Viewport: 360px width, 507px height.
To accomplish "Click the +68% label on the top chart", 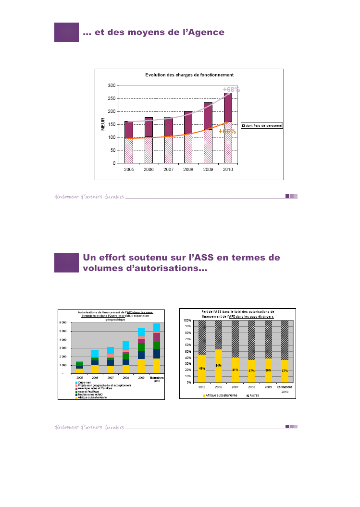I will [x=231, y=89].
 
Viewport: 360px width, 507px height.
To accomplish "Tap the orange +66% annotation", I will [x=227, y=131].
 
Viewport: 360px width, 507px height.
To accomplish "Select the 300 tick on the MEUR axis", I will [x=111, y=86].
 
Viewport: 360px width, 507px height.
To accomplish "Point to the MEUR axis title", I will [x=102, y=124].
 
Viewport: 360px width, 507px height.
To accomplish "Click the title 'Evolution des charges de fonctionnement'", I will [x=189, y=75].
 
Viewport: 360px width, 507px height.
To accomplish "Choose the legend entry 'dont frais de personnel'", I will [x=262, y=125].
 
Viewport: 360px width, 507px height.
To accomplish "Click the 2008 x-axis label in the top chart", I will [x=188, y=170].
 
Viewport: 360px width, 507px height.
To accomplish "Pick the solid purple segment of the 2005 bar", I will [x=129, y=129].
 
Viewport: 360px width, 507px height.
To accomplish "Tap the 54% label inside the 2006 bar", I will [x=219, y=366].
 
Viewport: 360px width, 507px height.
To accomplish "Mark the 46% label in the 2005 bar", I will [x=202, y=369].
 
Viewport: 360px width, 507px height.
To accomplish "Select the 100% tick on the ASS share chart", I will [x=187, y=320].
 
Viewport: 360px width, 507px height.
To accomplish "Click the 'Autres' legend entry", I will [x=254, y=395].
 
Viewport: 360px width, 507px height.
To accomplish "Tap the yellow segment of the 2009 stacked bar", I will [x=141, y=366].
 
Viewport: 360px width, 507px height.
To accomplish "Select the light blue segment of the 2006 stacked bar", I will [x=95, y=353].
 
